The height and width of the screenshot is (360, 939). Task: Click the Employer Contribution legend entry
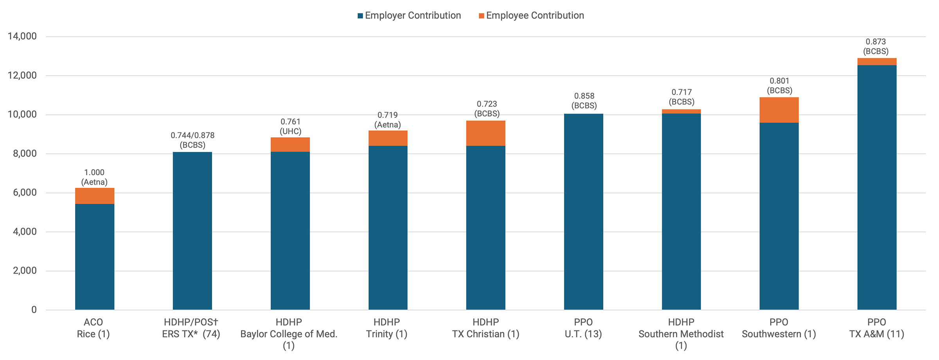pyautogui.click(x=409, y=16)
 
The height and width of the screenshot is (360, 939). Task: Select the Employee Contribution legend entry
pyautogui.click(x=531, y=16)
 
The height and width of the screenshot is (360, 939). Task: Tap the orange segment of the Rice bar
pyautogui.click(x=95, y=196)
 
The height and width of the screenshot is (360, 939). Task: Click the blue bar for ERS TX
pyautogui.click(x=192, y=231)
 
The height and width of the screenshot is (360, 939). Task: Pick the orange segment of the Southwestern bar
pyautogui.click(x=779, y=110)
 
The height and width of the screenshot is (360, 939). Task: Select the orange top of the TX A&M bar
pyautogui.click(x=877, y=62)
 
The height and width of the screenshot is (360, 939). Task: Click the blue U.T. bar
pyautogui.click(x=584, y=212)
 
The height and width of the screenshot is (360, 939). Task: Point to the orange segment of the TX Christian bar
pyautogui.click(x=486, y=133)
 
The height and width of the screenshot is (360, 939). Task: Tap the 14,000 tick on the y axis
pyautogui.click(x=22, y=36)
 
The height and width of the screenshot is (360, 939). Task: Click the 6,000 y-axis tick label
pyautogui.click(x=25, y=193)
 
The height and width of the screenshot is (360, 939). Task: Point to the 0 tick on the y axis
pyautogui.click(x=34, y=310)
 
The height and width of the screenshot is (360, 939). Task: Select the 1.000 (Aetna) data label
pyautogui.click(x=94, y=177)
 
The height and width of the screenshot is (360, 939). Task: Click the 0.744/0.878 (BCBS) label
pyautogui.click(x=192, y=140)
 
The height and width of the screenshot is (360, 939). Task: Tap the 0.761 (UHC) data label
pyautogui.click(x=290, y=126)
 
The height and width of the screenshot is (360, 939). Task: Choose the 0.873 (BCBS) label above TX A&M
pyautogui.click(x=876, y=47)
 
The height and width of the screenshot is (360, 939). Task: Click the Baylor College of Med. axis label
pyautogui.click(x=289, y=334)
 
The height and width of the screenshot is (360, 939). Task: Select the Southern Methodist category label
pyautogui.click(x=681, y=334)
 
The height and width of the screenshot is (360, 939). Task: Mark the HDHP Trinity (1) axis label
pyautogui.click(x=387, y=328)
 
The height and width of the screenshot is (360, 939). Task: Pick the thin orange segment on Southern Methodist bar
pyautogui.click(x=682, y=112)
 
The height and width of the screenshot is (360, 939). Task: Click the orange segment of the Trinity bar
pyautogui.click(x=388, y=139)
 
